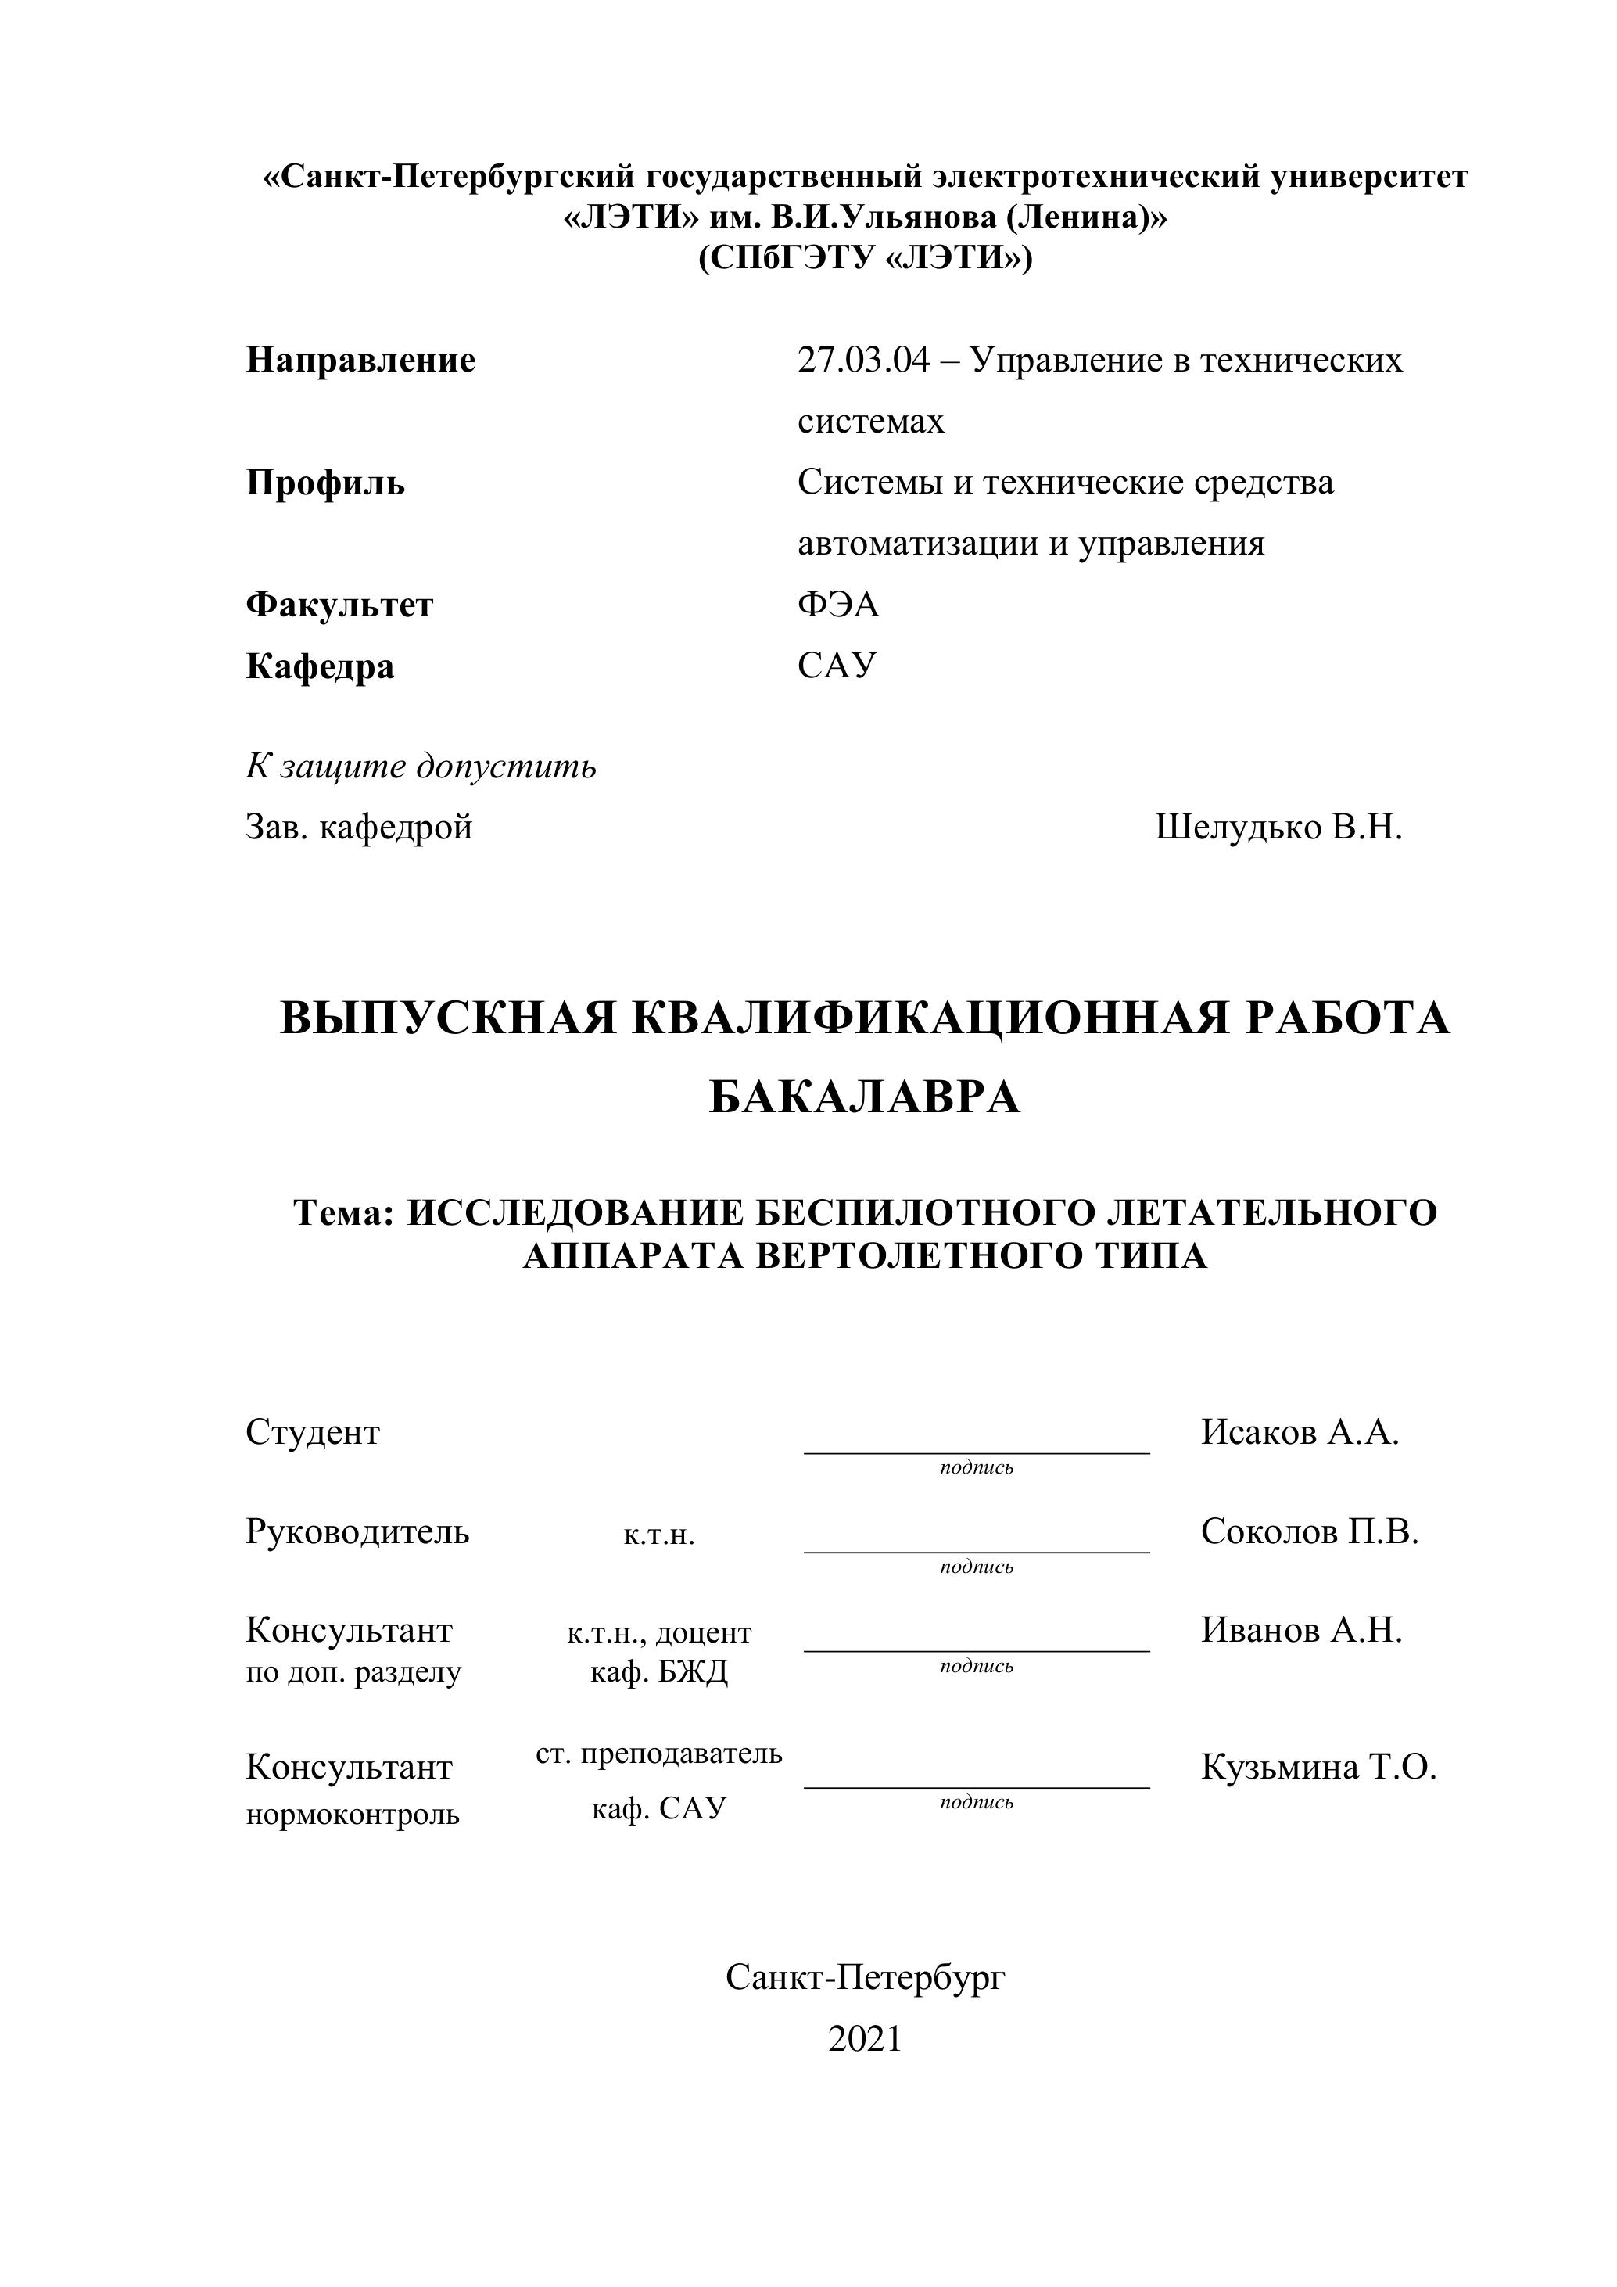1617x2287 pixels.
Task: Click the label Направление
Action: [x=360, y=360]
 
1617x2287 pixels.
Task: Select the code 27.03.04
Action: [x=862, y=360]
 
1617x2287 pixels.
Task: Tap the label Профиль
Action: [x=325, y=483]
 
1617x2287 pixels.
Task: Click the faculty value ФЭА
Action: [x=838, y=605]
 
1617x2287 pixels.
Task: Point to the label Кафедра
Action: [x=320, y=666]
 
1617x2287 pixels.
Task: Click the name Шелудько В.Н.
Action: [x=1278, y=827]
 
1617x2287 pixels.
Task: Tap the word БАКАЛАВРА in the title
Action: [x=864, y=1097]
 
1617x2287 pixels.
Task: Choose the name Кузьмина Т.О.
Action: [x=1318, y=1767]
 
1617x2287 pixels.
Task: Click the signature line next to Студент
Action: [x=976, y=1452]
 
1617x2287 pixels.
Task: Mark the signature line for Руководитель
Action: [x=976, y=1551]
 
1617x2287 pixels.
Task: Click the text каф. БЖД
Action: [x=659, y=1671]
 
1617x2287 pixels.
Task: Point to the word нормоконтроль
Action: [x=353, y=1814]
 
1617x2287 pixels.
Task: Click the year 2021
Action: [x=864, y=2039]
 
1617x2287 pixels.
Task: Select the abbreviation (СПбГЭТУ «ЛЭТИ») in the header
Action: [x=864, y=258]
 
